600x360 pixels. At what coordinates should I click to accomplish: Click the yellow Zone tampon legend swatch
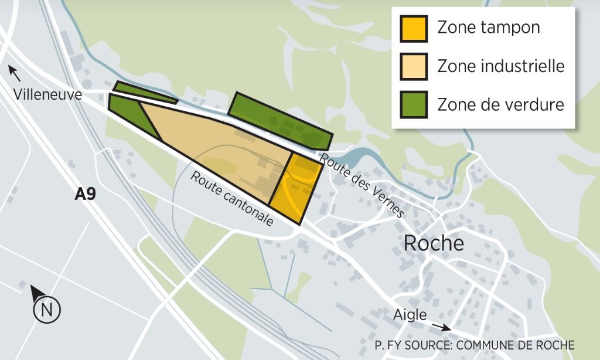click(x=414, y=28)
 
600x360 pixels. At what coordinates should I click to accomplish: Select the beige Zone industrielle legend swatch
click(x=414, y=66)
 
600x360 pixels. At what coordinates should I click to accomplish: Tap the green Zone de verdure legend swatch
click(x=414, y=104)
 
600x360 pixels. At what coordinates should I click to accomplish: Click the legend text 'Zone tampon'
click(x=489, y=28)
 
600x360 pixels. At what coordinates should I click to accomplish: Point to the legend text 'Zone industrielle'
click(x=501, y=66)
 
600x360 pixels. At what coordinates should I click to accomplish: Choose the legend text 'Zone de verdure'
click(x=500, y=104)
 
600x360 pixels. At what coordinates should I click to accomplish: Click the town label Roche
click(x=434, y=243)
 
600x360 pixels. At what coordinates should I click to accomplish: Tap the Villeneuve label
click(x=49, y=94)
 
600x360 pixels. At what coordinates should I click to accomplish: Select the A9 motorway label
click(x=85, y=194)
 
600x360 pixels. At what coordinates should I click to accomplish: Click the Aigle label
click(x=410, y=315)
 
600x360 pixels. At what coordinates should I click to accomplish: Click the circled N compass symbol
click(x=47, y=310)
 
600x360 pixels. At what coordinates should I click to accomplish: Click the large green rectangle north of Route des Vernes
click(x=280, y=120)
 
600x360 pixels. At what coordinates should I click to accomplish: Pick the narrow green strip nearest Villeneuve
click(x=144, y=93)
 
